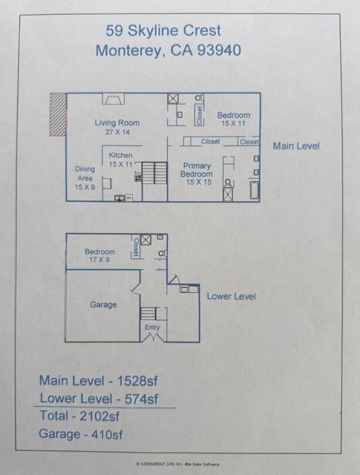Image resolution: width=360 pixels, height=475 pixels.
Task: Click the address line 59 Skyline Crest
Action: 163,30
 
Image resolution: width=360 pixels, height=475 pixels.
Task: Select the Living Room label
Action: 117,123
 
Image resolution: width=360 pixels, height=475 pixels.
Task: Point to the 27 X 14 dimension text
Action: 117,131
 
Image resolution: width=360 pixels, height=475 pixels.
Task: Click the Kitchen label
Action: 120,155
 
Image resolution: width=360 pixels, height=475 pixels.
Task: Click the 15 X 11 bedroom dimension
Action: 233,123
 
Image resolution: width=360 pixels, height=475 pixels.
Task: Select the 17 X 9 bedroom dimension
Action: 99,261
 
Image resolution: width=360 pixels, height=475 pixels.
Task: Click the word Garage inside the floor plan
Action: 103,304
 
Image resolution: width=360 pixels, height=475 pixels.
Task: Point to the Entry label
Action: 152,327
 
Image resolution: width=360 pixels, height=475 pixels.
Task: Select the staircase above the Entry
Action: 148,313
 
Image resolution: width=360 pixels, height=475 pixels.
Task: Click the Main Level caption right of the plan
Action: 296,146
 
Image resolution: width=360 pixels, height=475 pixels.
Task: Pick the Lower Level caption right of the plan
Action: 231,296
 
